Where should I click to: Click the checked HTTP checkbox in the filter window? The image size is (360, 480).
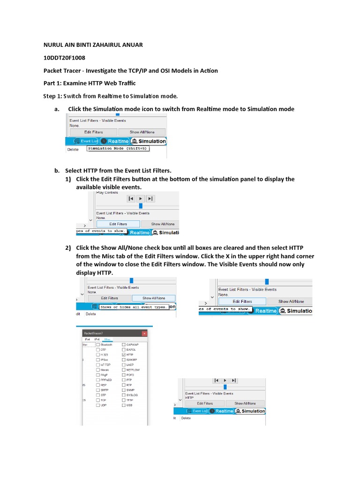[124, 355]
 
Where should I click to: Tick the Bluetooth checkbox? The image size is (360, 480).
[98, 345]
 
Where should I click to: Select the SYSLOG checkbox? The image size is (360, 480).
[124, 395]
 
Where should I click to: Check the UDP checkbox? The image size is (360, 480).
[98, 405]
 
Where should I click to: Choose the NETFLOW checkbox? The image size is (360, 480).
[124, 370]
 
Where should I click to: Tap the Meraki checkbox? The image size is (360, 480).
[98, 370]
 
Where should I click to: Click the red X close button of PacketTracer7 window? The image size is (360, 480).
[144, 333]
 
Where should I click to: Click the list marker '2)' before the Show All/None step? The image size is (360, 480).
[68, 247]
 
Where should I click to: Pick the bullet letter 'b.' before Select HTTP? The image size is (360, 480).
[58, 171]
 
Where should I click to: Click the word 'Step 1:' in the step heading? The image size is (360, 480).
[54, 96]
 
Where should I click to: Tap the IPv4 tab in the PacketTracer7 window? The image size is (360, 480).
[87, 339]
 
